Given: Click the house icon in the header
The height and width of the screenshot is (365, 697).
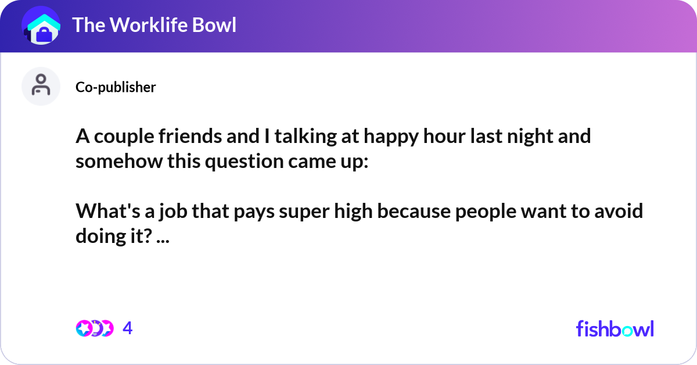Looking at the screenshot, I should pos(41,26).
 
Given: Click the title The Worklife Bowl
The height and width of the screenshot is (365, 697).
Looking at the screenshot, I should pos(154,25).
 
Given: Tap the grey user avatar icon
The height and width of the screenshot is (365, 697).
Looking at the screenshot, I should pos(41,86).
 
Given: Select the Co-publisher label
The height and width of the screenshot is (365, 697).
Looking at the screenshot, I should pos(116,87).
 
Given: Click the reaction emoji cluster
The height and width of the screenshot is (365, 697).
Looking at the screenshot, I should pos(94,328).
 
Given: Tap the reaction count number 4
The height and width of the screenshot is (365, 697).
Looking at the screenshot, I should pos(128,328).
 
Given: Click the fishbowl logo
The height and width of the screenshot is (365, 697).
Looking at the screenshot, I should pos(615,328).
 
